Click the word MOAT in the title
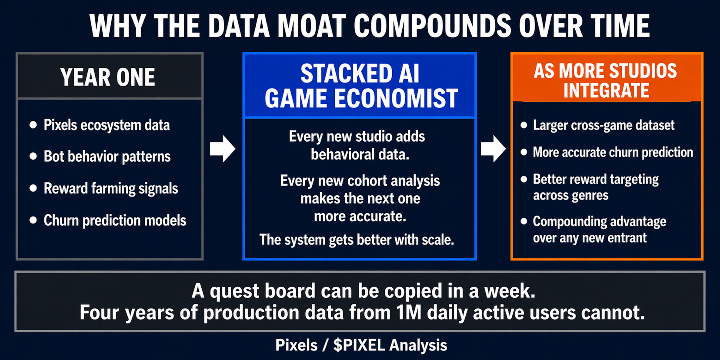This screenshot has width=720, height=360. pos(311,26)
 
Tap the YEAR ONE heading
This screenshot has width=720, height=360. pos(108,77)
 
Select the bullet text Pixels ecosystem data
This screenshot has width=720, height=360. pos(107,125)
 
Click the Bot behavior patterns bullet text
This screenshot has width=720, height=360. pos(107,157)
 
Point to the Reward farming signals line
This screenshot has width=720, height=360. pos(111,188)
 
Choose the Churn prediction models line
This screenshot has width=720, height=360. pos(115,220)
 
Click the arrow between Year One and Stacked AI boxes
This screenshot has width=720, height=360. pos(223,149)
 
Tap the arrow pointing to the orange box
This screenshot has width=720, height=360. pos(493,149)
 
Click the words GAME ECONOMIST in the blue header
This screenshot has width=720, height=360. pos(361,98)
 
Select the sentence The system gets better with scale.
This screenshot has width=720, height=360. pos(357,240)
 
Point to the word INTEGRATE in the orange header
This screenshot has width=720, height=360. pos(606,90)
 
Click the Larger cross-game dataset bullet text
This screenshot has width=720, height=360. pos(603,125)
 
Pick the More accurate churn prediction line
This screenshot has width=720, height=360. pos(613,152)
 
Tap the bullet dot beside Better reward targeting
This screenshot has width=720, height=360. pos(524,179)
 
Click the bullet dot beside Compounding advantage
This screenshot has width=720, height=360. pos(524,221)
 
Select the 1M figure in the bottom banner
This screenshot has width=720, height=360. pos(409,312)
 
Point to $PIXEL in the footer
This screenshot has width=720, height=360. pos(359,345)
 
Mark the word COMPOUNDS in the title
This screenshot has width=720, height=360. pos(432,26)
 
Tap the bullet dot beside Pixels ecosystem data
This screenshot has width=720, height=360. pos(33,125)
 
